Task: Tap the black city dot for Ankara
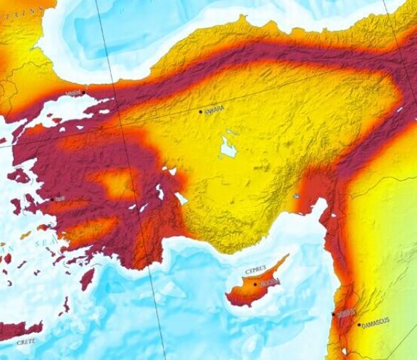pyautogui.click(x=201, y=111)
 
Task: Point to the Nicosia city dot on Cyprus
pyautogui.click(x=255, y=285)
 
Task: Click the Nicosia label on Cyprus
pyautogui.click(x=269, y=282)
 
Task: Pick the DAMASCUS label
pyautogui.click(x=376, y=322)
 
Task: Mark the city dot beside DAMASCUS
pyautogui.click(x=359, y=325)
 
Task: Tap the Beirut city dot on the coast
pyautogui.click(x=333, y=314)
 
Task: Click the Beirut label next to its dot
pyautogui.click(x=346, y=312)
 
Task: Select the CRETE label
pyautogui.click(x=26, y=342)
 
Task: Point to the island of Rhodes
pyautogui.click(x=87, y=278)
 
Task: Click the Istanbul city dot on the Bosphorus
pyautogui.click(x=83, y=92)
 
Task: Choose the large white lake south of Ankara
pyautogui.click(x=228, y=147)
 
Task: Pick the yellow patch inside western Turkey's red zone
pyautogui.click(x=114, y=183)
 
